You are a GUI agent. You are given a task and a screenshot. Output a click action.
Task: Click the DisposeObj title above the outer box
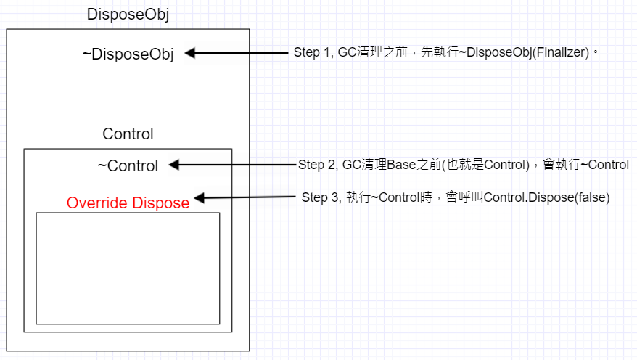point(128,15)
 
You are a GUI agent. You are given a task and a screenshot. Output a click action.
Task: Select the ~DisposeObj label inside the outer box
point(128,54)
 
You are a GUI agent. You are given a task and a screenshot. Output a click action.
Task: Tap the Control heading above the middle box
point(128,134)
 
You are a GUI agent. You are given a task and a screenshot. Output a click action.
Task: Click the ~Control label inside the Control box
point(128,165)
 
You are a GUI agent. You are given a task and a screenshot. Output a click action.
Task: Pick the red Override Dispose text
point(128,203)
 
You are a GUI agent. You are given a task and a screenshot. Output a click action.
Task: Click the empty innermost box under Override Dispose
point(128,268)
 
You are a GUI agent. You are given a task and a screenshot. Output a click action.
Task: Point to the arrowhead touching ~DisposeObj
point(191,53)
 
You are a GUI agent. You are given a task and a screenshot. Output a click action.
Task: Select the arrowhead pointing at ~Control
point(175,165)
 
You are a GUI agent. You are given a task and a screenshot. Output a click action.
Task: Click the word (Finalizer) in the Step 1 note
point(562,53)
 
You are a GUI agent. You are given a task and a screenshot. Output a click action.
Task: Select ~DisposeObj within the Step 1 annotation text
point(498,53)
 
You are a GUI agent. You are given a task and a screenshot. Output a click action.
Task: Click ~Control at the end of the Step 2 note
point(603,165)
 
